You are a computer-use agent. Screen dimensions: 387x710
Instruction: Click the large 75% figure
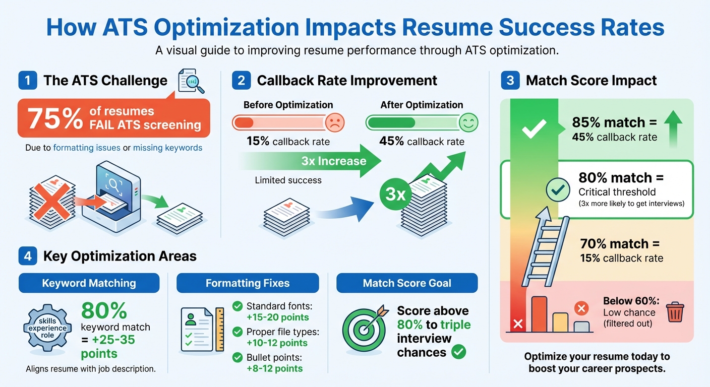pos(55,119)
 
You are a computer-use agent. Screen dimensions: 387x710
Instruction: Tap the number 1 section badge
pos(27,81)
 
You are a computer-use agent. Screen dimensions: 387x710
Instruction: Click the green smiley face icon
pos(468,122)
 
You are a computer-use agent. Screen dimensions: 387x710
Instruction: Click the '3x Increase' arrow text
pos(333,161)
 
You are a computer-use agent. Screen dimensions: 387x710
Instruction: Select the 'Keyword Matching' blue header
pos(89,283)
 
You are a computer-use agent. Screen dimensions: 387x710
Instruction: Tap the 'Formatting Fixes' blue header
pos(248,283)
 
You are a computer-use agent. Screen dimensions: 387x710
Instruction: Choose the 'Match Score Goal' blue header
pos(407,283)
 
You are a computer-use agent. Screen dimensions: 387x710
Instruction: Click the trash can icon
pos(674,312)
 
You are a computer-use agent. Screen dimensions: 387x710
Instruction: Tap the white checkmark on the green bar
pos(534,128)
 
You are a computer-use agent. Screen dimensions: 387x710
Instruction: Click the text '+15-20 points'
pos(277,317)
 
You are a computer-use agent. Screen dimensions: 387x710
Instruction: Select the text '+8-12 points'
pos(275,368)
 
